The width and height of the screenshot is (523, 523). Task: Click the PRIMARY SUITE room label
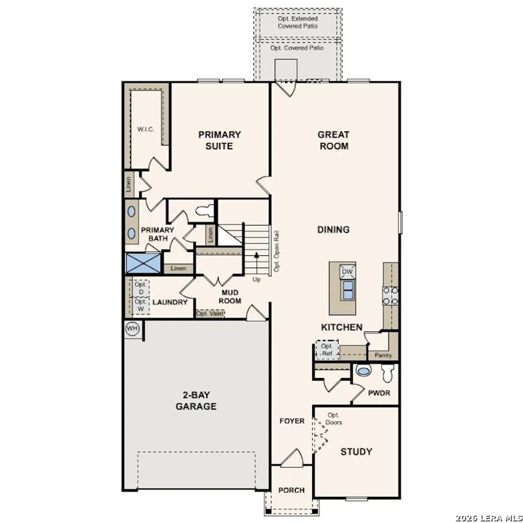220,140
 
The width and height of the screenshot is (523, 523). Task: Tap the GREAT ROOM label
334,140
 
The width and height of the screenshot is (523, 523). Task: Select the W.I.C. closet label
146,129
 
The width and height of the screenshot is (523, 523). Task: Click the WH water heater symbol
132,328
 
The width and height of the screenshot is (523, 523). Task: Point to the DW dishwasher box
347,272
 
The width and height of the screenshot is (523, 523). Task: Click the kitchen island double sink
348,290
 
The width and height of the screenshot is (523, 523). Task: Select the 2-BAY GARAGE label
196,401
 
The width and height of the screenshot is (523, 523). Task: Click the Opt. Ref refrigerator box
327,350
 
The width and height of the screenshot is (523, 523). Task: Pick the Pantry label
383,355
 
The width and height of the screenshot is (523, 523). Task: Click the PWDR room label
379,394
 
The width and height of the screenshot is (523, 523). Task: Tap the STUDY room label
356,451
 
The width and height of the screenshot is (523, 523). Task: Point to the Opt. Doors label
334,419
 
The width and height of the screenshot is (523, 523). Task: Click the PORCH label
291,490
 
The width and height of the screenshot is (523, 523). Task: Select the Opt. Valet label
210,314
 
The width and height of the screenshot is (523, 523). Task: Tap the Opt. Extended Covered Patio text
298,22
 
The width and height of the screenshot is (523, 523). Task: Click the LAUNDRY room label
170,302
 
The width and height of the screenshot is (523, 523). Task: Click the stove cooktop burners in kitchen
391,296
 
